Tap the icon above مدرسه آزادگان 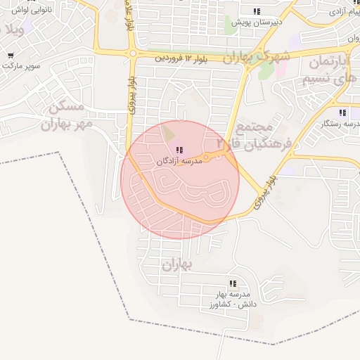178,150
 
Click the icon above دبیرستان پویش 257,11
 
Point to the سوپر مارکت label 22,66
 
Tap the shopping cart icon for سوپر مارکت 11,56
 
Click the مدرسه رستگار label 340,123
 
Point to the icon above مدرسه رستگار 342,112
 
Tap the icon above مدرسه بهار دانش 233,284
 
